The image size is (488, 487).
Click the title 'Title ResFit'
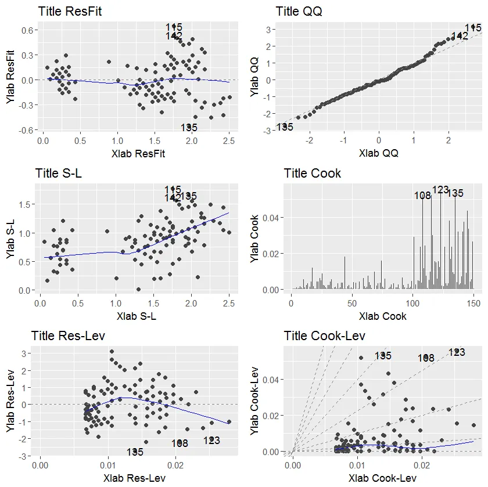(69, 11)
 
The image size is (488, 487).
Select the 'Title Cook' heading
(313, 173)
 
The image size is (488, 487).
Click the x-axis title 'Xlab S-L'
(137, 316)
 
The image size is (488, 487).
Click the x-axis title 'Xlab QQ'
(379, 153)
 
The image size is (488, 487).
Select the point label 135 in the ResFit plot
(189, 128)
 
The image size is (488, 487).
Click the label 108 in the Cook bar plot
(423, 196)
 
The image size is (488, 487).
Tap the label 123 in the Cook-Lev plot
(457, 352)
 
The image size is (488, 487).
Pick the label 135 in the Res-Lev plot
(135, 452)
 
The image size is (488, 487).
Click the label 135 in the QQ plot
(285, 127)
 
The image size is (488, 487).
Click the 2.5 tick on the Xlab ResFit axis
(229, 140)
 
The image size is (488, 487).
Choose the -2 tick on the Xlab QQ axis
(310, 140)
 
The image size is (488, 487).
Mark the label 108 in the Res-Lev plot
(180, 443)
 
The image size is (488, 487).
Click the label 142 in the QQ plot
(460, 36)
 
